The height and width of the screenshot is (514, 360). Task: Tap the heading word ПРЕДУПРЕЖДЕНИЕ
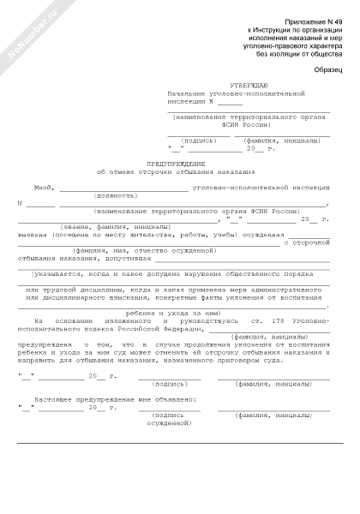(180, 163)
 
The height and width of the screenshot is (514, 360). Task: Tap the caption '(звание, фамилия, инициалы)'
(112, 226)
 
